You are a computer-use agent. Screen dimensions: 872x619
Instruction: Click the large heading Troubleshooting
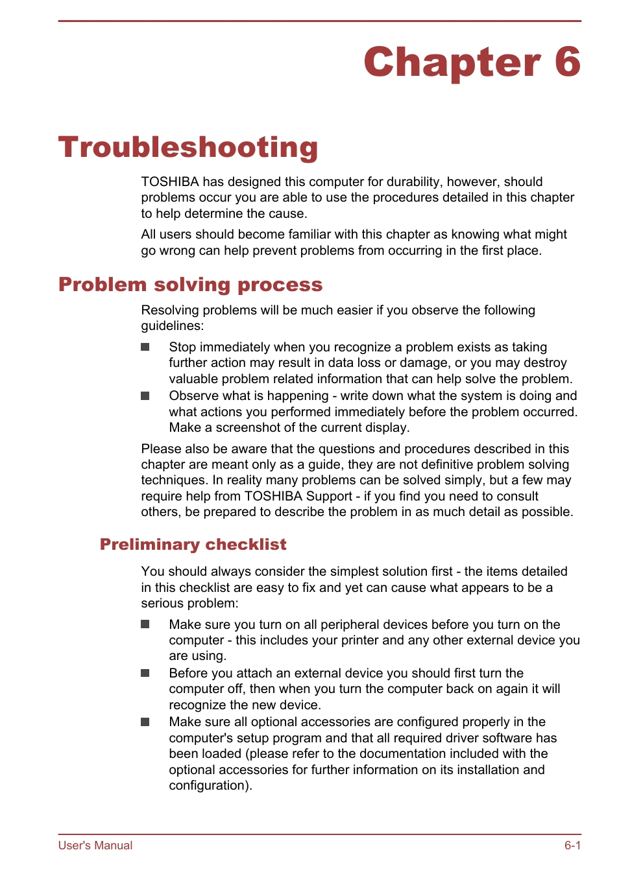188,148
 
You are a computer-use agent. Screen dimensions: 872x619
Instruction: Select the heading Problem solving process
190,285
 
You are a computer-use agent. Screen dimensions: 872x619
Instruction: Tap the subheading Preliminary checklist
193,545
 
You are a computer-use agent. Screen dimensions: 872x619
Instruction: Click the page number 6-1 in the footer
572,845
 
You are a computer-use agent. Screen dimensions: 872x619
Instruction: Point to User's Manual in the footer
95,845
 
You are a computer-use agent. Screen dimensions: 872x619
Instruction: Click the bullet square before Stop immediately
145,348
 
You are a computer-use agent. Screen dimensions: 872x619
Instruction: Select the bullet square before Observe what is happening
145,396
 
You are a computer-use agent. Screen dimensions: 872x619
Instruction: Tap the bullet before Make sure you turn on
145,624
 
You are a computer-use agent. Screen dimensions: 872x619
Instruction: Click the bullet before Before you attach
145,674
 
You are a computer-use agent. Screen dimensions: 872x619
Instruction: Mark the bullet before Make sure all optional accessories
145,722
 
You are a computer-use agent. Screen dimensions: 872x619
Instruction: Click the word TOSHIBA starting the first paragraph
170,182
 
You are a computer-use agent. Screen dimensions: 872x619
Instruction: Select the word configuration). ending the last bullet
210,786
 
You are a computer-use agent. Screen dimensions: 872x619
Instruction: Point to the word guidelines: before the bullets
173,326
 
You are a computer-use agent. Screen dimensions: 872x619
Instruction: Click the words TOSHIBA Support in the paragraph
298,497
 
